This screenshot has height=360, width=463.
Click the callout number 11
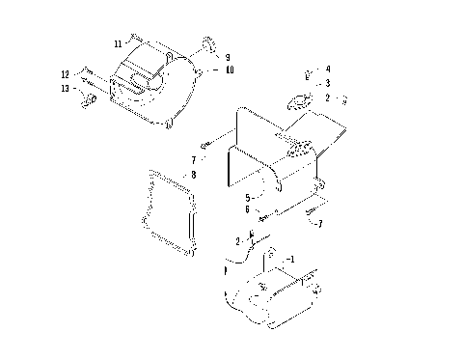[x=118, y=43]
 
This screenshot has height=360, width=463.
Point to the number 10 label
[x=230, y=70]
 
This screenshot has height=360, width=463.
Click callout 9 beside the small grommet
[x=228, y=57]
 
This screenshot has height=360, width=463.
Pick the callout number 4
[x=328, y=69]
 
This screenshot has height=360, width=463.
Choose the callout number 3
[x=328, y=84]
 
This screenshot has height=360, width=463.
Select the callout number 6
[x=248, y=209]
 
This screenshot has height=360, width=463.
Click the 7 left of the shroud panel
[x=193, y=159]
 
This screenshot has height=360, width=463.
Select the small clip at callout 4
[x=309, y=71]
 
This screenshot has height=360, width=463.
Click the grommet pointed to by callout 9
[x=207, y=43]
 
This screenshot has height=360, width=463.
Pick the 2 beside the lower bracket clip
[x=238, y=240]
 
